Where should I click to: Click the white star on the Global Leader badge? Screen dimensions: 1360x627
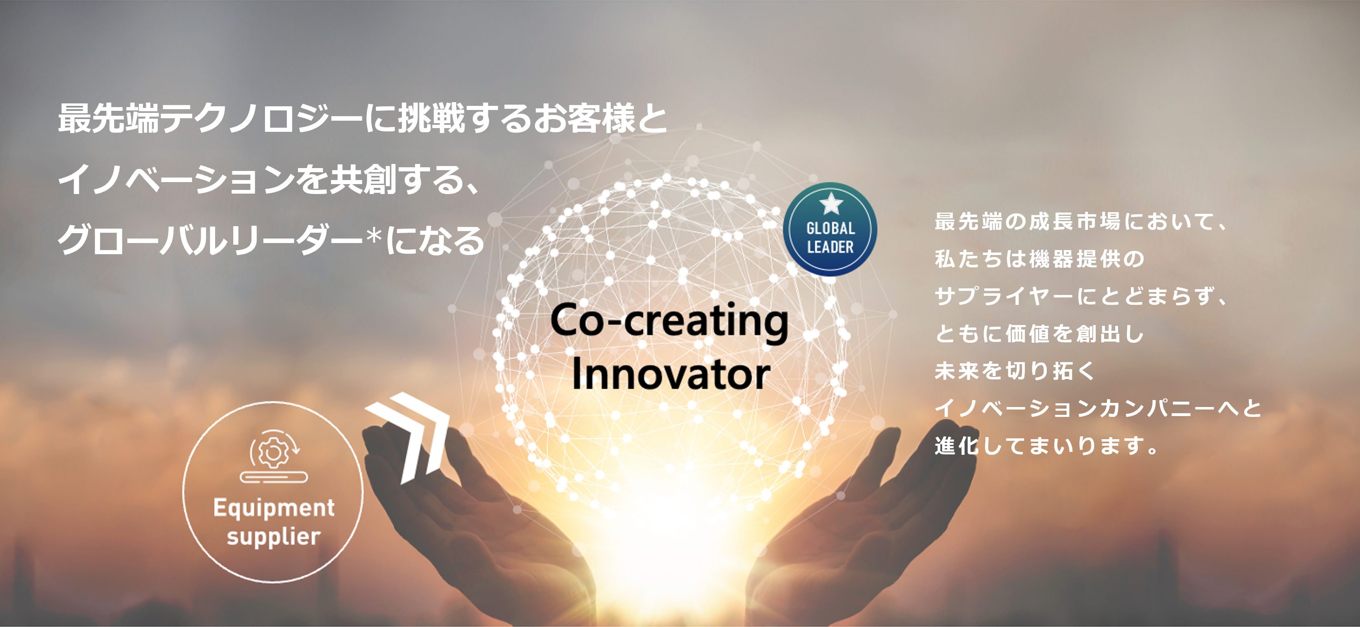(831, 203)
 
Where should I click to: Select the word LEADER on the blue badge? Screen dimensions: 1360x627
(830, 246)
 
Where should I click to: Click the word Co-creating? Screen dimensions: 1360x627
(669, 321)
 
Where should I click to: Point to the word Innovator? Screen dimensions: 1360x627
(671, 374)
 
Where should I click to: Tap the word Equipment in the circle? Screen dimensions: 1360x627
(274, 508)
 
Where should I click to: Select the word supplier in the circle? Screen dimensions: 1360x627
(274, 537)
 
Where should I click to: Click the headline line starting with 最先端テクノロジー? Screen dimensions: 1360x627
(363, 118)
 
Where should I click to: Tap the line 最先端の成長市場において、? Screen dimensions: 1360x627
(1081, 222)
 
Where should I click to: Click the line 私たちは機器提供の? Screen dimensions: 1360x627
(1039, 259)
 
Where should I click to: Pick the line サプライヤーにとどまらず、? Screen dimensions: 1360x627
(1081, 296)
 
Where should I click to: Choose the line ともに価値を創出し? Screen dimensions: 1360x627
(1039, 334)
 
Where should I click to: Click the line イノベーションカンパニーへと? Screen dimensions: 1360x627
(1098, 408)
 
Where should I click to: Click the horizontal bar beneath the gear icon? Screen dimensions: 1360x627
(274, 477)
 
